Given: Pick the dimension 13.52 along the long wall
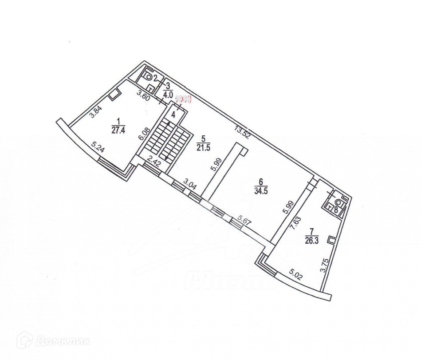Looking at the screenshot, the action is coord(244,132).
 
